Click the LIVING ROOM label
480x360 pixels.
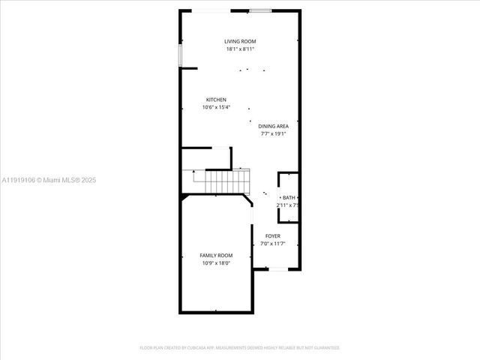click(x=239, y=41)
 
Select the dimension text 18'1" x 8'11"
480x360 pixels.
click(x=239, y=49)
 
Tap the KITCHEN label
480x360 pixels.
click(x=216, y=100)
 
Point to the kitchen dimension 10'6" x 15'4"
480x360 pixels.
click(x=216, y=107)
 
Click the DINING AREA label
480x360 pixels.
click(x=274, y=127)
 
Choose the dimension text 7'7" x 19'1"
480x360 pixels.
click(x=274, y=134)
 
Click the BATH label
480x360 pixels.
click(x=289, y=198)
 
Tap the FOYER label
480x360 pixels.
click(x=273, y=236)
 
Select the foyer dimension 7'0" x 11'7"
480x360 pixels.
click(x=273, y=244)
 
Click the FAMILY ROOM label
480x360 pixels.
click(x=216, y=256)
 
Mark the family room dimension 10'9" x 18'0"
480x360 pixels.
click(x=216, y=263)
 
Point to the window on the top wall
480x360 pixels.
click(x=260, y=10)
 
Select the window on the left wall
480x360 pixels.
click(x=179, y=55)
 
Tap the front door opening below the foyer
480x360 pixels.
click(x=277, y=269)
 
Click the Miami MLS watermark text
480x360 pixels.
click(x=49, y=180)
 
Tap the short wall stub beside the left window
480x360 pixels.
click(x=188, y=68)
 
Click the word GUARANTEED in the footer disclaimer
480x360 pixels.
click(x=326, y=348)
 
